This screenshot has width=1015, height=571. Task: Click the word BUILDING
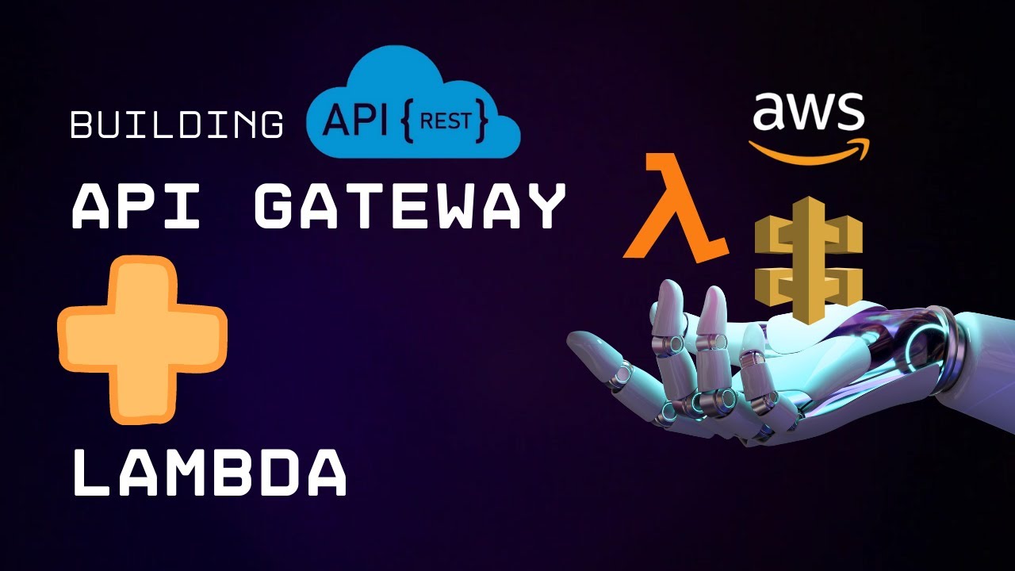pyautogui.click(x=177, y=125)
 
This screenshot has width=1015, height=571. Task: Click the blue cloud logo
pyautogui.click(x=412, y=103)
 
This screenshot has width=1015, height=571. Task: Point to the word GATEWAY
pyautogui.click(x=409, y=206)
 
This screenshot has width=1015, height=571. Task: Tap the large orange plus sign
pyautogui.click(x=143, y=339)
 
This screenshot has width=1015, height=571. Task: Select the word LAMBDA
pyautogui.click(x=209, y=472)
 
